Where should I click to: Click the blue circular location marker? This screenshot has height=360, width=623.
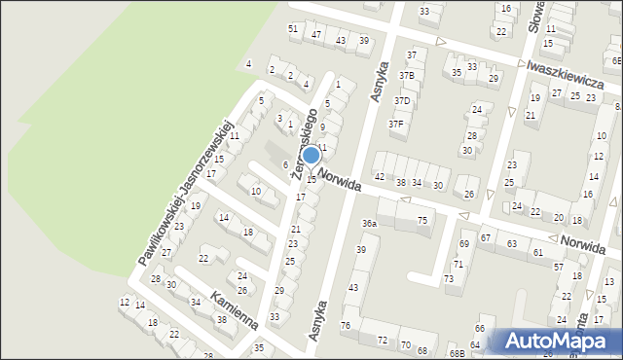tap(311, 155)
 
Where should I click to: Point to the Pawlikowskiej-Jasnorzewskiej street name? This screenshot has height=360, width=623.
tap(184, 200)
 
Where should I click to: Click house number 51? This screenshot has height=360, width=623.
tap(293, 28)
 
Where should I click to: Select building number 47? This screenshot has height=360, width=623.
tap(316, 34)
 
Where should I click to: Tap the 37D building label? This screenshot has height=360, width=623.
tap(402, 100)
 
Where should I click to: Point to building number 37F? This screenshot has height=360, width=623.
tap(396, 124)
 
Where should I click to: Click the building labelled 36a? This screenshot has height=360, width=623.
tap(370, 223)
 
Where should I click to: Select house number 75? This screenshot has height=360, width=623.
tap(422, 221)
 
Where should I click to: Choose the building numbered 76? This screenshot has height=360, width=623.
tap(346, 324)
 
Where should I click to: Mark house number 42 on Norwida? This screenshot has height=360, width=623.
tap(380, 176)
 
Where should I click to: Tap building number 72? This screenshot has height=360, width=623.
tap(383, 341)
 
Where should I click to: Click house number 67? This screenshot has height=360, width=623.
tap(485, 237)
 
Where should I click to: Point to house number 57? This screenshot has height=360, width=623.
tap(558, 266)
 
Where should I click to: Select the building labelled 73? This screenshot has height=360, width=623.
tap(449, 279)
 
